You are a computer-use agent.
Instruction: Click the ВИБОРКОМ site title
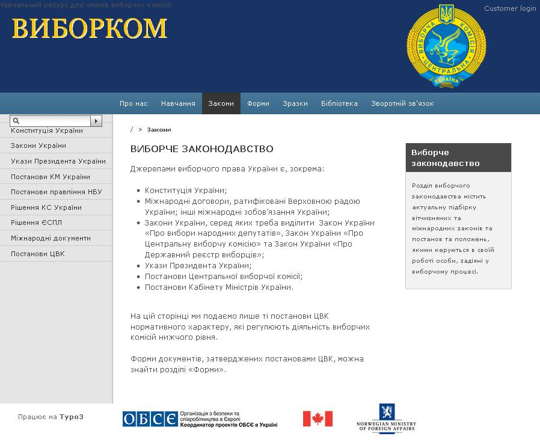tap(89, 28)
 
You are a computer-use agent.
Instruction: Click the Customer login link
tap(510, 8)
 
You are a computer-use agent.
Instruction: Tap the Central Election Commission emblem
tap(446, 47)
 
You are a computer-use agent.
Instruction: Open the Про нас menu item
tap(133, 103)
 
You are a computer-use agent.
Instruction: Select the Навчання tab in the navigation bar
tap(178, 103)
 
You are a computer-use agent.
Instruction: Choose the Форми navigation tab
tap(258, 103)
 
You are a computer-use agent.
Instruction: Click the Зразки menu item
tap(295, 103)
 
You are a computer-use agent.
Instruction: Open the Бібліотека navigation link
tap(339, 103)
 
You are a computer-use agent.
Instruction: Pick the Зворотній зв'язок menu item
tap(402, 103)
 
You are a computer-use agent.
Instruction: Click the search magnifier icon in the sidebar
tap(17, 121)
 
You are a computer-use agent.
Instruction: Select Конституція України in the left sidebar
tap(47, 130)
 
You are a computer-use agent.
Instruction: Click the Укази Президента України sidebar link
tap(58, 161)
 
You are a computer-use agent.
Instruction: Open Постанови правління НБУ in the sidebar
tap(57, 192)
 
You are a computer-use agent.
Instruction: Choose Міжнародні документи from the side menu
tap(51, 238)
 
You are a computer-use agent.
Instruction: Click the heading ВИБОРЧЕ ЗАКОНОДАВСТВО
tap(202, 149)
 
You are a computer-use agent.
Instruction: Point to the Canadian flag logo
tap(318, 419)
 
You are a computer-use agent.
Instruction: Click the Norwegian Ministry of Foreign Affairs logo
tap(385, 418)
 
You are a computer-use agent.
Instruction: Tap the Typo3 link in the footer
tap(71, 417)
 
